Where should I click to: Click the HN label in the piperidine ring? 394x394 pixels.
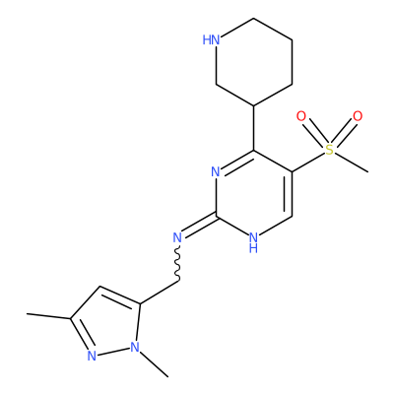pos(211,40)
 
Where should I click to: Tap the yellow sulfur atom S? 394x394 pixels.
pos(329,150)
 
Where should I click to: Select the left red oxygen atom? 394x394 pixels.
pos(301,116)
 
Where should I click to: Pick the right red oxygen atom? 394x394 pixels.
pos(358,116)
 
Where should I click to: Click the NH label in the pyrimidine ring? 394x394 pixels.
pos(253,242)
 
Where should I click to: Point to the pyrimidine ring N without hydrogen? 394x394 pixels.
pos(216,171)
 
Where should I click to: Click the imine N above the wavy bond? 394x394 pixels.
pos(177,237)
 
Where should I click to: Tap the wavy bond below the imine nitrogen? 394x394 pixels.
pos(177,263)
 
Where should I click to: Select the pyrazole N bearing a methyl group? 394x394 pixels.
pos(135,347)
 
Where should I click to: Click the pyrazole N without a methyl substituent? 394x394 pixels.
pos(92,356)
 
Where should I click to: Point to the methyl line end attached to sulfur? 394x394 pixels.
pos(367,171)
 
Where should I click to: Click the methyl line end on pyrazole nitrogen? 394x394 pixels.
pos(168,376)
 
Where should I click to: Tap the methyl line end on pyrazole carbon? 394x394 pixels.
pos(28,314)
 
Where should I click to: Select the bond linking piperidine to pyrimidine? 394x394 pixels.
pos(254,128)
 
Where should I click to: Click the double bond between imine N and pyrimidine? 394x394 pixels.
pos(198,226)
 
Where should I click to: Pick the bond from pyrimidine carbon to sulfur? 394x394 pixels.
pos(308,163)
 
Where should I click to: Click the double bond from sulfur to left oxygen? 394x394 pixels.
pos(314,132)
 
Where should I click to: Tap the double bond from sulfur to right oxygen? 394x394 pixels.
pos(344,132)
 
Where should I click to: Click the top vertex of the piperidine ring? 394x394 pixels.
pos(254,18)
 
